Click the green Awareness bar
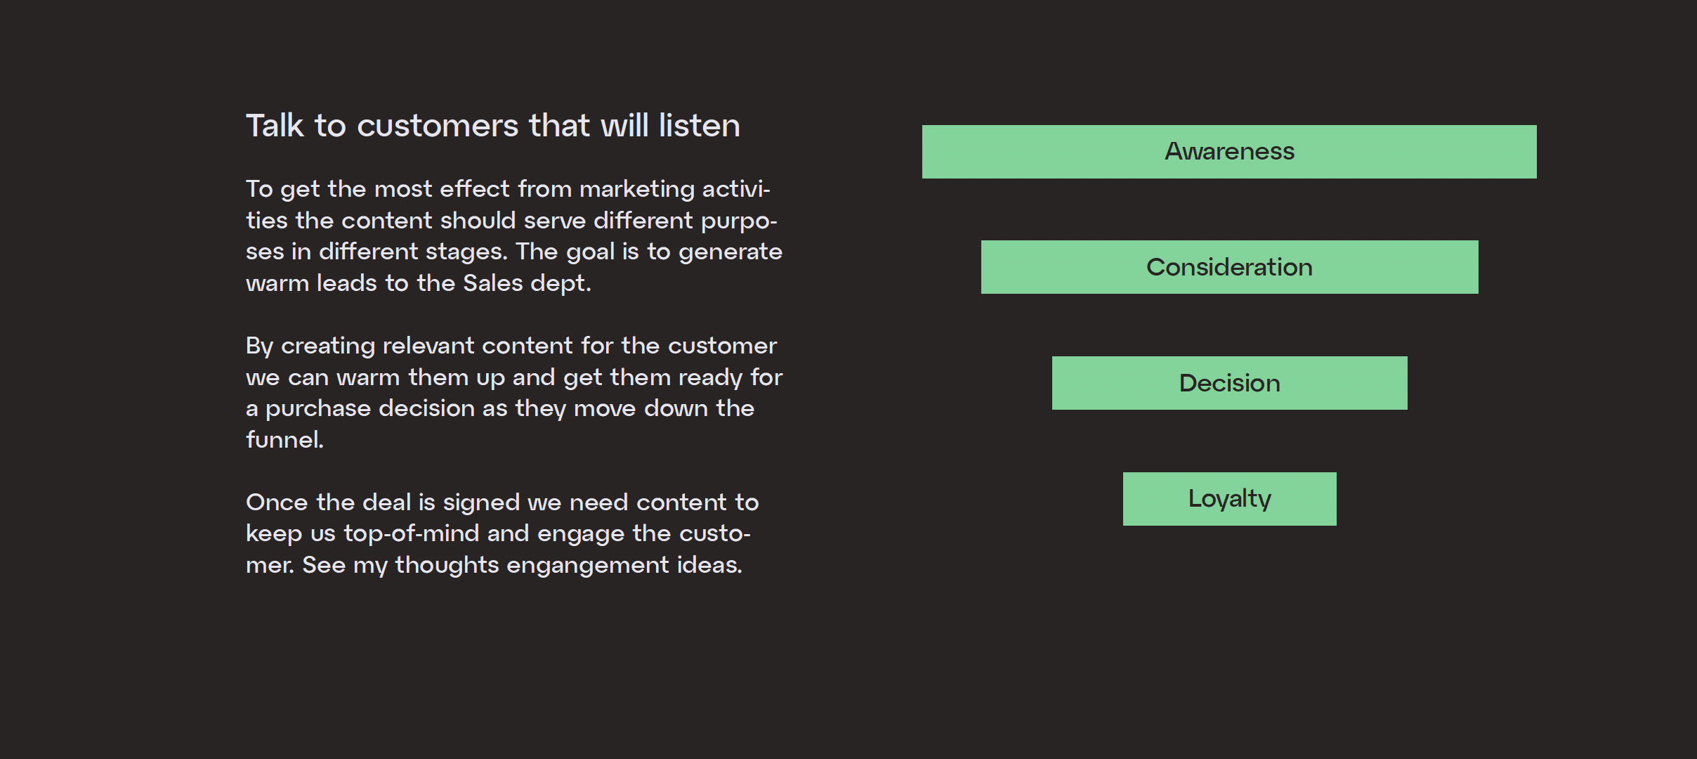(1229, 152)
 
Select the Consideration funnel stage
(1229, 267)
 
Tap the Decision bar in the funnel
(1229, 383)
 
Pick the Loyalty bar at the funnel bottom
(1229, 499)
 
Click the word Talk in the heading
(275, 126)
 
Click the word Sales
(493, 283)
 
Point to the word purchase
(318, 410)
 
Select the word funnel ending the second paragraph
(284, 440)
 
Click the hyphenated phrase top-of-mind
(412, 535)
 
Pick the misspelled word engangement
(588, 566)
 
